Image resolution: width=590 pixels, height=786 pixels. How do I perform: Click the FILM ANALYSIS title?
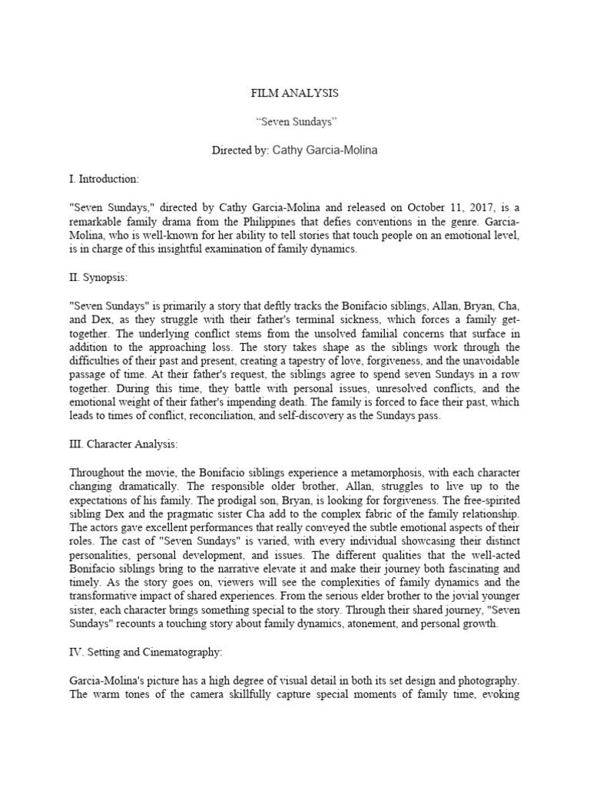(295, 94)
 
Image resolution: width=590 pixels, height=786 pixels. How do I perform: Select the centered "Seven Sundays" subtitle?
(295, 122)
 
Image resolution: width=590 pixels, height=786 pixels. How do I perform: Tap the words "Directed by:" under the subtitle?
(240, 150)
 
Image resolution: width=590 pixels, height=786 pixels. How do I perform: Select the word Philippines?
(247, 221)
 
